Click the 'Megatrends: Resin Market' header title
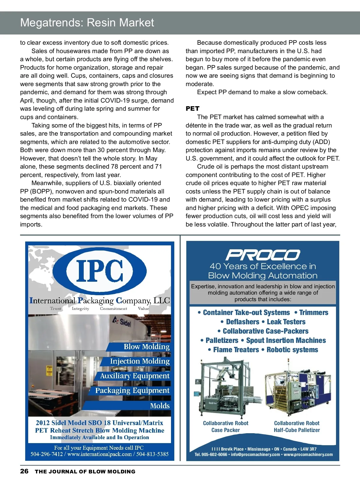click(x=87, y=23)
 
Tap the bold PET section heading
click(x=192, y=109)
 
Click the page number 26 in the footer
click(x=24, y=471)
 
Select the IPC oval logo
click(x=100, y=271)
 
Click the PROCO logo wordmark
click(x=262, y=255)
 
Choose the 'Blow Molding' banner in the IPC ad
click(x=146, y=347)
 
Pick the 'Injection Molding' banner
click(x=139, y=361)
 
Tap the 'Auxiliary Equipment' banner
click(x=135, y=376)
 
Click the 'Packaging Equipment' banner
click(x=132, y=391)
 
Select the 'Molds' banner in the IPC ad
click(x=160, y=406)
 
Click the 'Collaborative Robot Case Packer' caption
click(x=226, y=426)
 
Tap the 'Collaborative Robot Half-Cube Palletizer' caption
click(x=297, y=426)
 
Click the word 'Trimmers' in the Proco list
click(x=313, y=313)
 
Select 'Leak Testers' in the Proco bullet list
click(x=286, y=322)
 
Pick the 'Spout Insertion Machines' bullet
click(x=286, y=340)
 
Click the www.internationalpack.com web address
click(x=100, y=454)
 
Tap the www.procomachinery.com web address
click(x=308, y=454)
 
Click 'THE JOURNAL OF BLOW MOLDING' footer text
click(x=85, y=471)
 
